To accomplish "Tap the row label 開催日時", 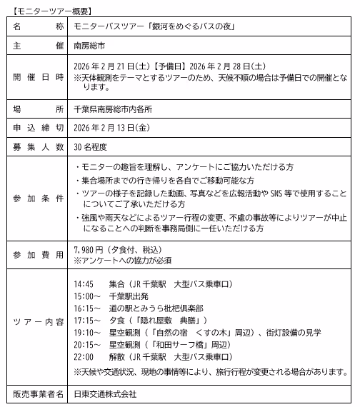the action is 35,78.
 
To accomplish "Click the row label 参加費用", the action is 35,255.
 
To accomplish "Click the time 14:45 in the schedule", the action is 84,283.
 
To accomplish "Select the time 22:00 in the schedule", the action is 84,356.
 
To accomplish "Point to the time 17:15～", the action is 86,320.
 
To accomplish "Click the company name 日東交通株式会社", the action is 105,393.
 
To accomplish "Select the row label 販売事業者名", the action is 35,393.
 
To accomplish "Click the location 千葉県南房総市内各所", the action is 118,109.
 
